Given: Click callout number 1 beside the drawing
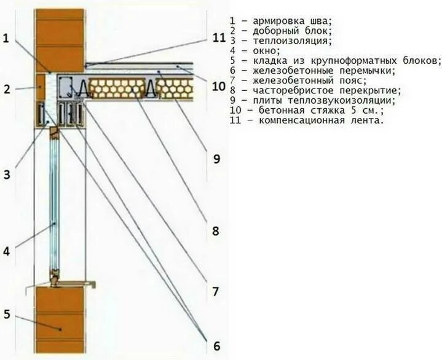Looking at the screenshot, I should [6, 39].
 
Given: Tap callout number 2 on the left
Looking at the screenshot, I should [7, 89].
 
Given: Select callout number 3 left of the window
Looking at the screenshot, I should [7, 174].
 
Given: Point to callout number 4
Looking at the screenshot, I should [7, 251].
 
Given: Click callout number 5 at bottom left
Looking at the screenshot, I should [7, 315].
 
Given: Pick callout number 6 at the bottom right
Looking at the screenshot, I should [216, 346].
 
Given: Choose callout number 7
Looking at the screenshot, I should [216, 291].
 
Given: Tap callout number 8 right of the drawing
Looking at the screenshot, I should [216, 231].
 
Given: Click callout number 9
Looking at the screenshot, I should [216, 159].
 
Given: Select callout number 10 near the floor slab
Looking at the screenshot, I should [219, 86].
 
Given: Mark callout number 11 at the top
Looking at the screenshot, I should [219, 37].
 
